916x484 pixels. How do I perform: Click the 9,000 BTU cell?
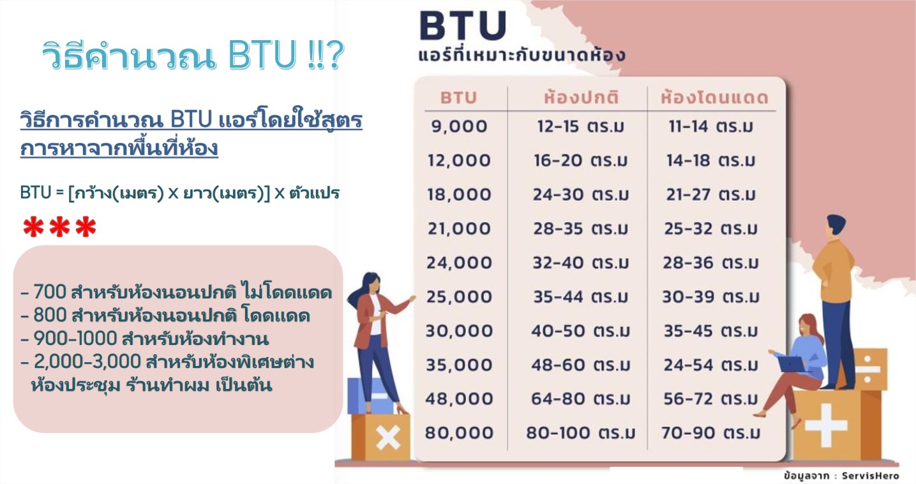click(x=459, y=126)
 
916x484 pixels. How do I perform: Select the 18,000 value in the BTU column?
click(x=459, y=194)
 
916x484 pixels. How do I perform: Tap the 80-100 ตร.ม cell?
click(x=581, y=433)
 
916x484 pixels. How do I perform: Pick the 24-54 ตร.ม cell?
click(x=710, y=365)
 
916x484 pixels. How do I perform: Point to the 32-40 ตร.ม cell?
click(x=581, y=263)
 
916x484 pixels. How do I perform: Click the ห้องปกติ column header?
click(x=581, y=97)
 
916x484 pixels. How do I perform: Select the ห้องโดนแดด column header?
click(x=714, y=97)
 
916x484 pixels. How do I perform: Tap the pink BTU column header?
click(x=458, y=98)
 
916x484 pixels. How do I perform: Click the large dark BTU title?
click(x=463, y=26)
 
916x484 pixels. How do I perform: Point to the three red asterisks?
click(x=60, y=227)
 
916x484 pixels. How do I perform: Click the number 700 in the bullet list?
click(x=50, y=292)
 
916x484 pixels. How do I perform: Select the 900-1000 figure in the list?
click(x=75, y=339)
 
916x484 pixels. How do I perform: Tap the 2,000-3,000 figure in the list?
click(x=87, y=362)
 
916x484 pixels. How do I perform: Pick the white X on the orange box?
click(x=387, y=438)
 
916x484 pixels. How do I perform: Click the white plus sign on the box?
click(x=826, y=425)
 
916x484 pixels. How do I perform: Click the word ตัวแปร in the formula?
click(x=314, y=193)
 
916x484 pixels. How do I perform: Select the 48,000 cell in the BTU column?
click(x=459, y=399)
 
